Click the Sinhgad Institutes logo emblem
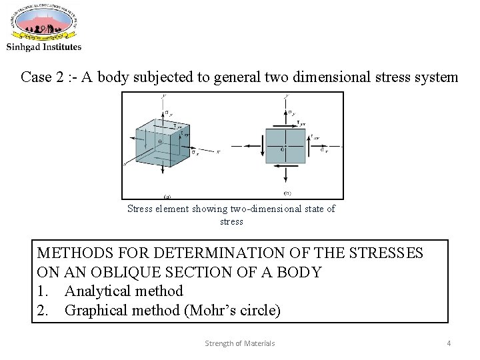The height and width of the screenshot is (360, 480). point(44,23)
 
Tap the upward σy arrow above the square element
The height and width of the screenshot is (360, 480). point(285,113)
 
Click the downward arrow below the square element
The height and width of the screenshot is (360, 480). point(285,177)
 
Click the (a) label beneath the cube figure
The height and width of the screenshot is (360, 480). point(167,196)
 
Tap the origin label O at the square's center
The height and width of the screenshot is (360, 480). point(282,150)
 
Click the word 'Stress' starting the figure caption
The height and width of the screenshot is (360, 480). point(140,209)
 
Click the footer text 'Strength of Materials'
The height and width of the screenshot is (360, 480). point(239,343)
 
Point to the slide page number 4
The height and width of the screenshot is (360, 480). point(449,343)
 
